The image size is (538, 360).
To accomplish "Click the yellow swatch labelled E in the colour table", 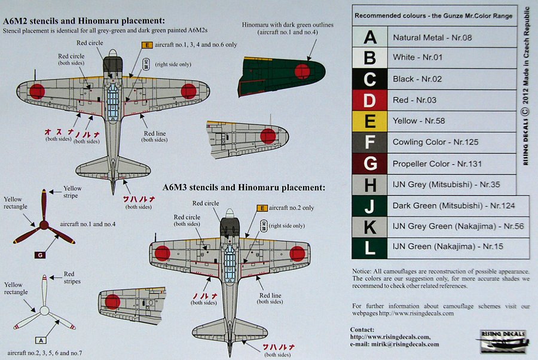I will pyautogui.click(x=370, y=121).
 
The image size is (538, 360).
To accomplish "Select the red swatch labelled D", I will pyautogui.click(x=370, y=100).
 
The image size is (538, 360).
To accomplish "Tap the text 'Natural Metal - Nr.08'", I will pyautogui.click(x=432, y=38).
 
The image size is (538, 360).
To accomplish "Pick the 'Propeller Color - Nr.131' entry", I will pyautogui.click(x=437, y=163).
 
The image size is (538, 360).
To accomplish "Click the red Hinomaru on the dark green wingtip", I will pyautogui.click(x=302, y=71).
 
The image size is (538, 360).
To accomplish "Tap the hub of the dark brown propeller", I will pyautogui.click(x=44, y=225).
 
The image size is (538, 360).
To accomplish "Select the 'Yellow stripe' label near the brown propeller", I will pyautogui.click(x=72, y=191).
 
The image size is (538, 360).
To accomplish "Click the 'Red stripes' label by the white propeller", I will pyautogui.click(x=72, y=277).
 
